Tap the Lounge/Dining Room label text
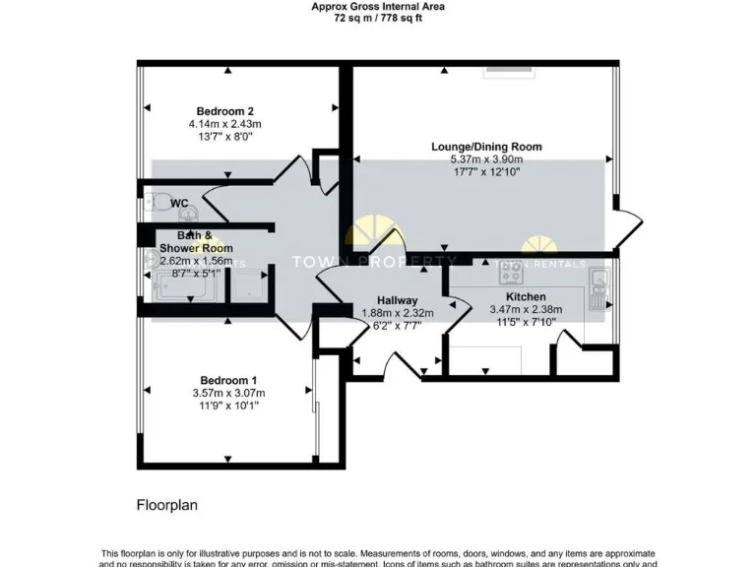(x=486, y=147)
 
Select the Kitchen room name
(x=526, y=296)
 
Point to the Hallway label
(x=398, y=301)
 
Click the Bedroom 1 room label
(x=228, y=381)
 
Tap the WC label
(x=179, y=204)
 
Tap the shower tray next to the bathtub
(x=248, y=286)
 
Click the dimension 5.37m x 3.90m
(x=486, y=159)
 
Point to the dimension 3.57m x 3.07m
(x=228, y=394)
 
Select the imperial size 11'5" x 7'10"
(x=526, y=321)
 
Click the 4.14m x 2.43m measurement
(x=224, y=124)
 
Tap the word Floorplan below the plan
(x=166, y=505)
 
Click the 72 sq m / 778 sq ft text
(x=378, y=18)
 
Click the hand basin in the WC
(x=190, y=211)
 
